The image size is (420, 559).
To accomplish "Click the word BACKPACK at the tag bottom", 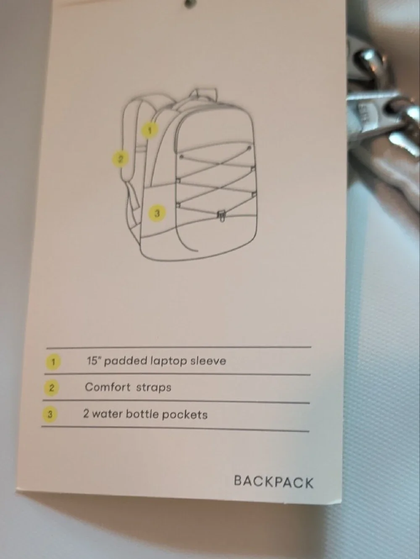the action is point(273,482).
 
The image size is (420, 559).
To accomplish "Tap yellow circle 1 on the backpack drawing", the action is point(150,130).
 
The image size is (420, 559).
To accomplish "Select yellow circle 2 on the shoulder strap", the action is point(120,159).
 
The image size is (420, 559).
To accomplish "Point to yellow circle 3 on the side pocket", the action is point(157,213).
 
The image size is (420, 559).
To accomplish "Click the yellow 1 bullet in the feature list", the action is point(53,361).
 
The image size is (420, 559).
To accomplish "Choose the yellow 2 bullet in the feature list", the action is point(51,388).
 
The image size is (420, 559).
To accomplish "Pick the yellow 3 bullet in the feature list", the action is point(50,414).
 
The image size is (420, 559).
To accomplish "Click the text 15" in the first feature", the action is point(94,361).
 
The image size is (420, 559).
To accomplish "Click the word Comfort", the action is point(108,387).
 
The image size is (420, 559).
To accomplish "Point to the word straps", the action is point(154,388).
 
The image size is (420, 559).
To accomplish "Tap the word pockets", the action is point(185,415).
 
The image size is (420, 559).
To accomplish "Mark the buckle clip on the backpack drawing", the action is point(222,216).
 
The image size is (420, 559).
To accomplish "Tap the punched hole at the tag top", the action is point(189,3).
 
